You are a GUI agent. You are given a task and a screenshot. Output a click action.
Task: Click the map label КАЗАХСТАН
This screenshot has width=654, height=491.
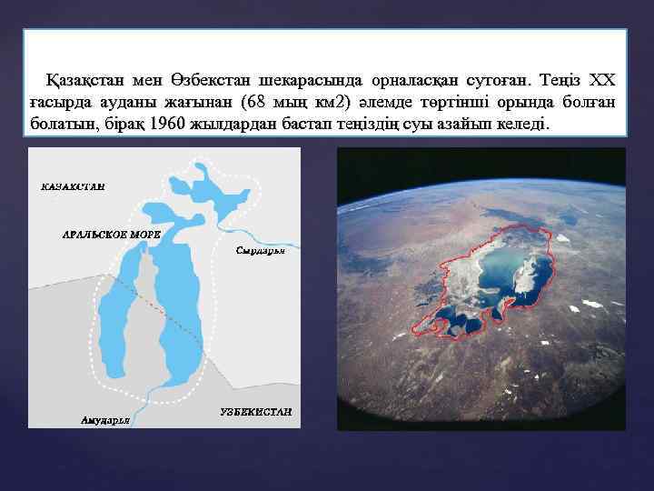coord(73,186)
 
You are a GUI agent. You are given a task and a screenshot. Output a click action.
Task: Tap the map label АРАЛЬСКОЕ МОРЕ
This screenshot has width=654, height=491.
coord(111,234)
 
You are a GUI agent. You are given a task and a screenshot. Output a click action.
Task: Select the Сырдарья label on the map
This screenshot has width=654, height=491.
coord(260,250)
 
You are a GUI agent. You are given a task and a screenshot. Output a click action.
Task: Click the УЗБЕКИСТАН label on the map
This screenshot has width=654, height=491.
coord(256,412)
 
